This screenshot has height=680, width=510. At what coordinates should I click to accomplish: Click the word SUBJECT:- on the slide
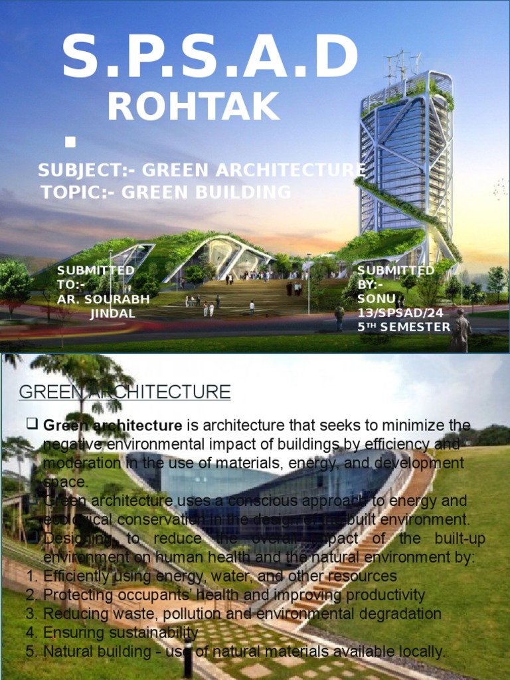(x=87, y=170)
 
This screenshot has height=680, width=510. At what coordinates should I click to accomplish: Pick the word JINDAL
(x=113, y=313)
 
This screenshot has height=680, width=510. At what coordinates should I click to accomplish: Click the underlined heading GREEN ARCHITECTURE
(x=125, y=392)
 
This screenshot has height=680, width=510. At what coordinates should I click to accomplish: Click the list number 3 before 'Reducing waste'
(x=31, y=614)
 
